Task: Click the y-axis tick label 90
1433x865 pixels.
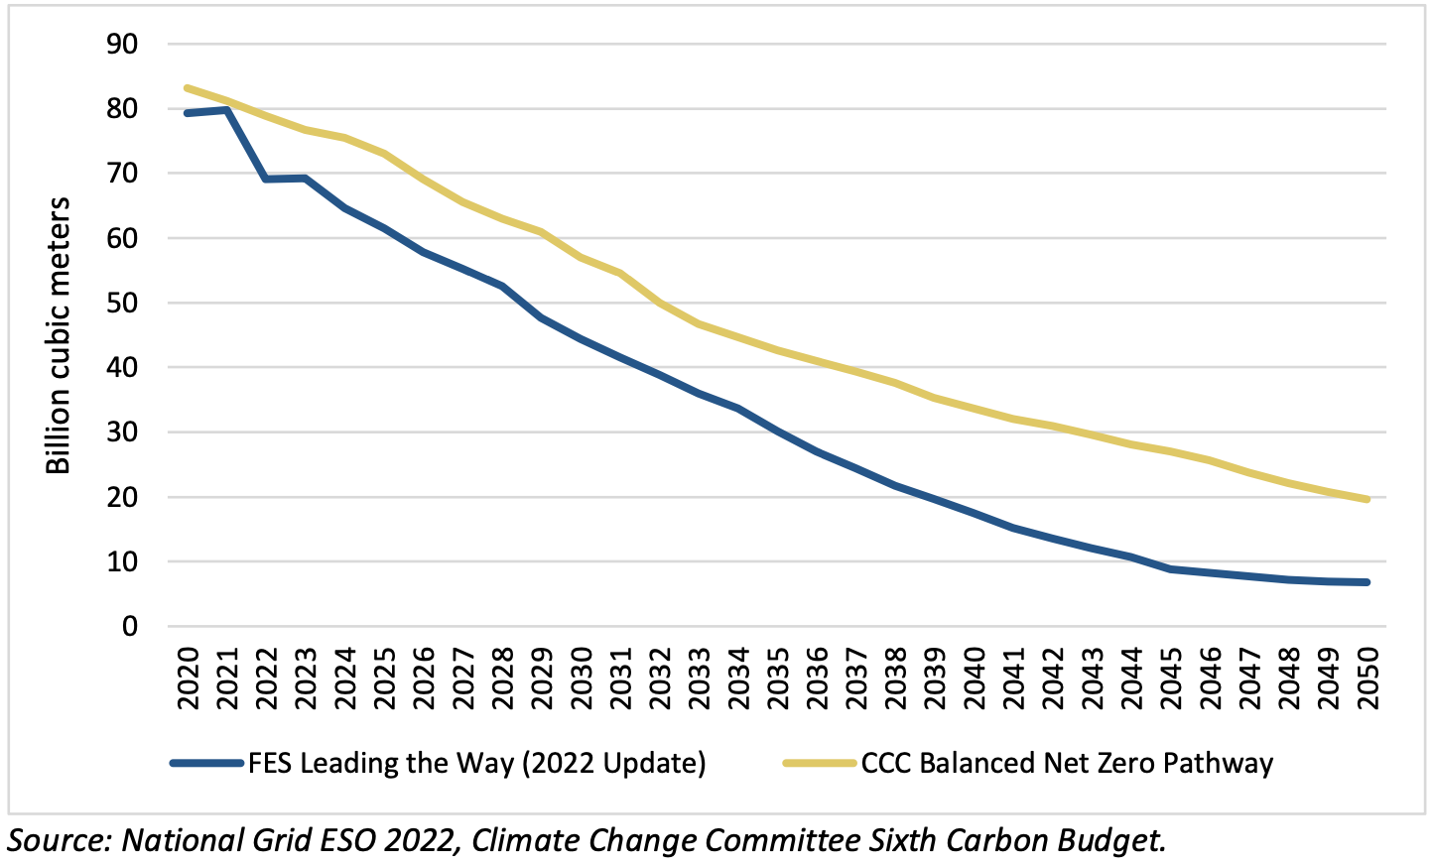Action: pyautogui.click(x=123, y=45)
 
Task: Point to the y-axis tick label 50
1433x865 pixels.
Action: pyautogui.click(x=123, y=304)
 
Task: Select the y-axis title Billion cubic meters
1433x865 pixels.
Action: pyautogui.click(x=59, y=335)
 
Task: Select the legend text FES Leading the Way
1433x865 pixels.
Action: pyautogui.click(x=476, y=764)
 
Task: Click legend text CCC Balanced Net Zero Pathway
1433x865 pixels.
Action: pyautogui.click(x=1067, y=764)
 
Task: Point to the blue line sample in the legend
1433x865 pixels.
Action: pyautogui.click(x=206, y=764)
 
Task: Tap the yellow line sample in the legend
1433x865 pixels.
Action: pyautogui.click(x=820, y=764)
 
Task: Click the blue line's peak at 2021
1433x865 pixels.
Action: pyautogui.click(x=227, y=110)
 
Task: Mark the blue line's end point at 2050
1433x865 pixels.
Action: pyautogui.click(x=1368, y=582)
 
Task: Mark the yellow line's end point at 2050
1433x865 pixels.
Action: pyautogui.click(x=1368, y=500)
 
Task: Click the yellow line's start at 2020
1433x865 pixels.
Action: pyautogui.click(x=188, y=88)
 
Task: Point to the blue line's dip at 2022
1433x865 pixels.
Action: pyautogui.click(x=266, y=180)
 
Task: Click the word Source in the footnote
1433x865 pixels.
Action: pyautogui.click(x=56, y=840)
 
